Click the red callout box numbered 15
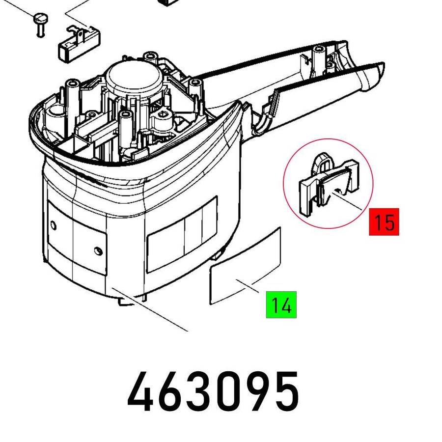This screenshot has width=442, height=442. pyautogui.click(x=384, y=222)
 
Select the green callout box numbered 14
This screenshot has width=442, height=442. pyautogui.click(x=281, y=304)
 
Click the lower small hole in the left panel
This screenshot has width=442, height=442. pyautogui.click(x=98, y=251)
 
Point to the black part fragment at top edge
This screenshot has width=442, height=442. pyautogui.click(x=170, y=2)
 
